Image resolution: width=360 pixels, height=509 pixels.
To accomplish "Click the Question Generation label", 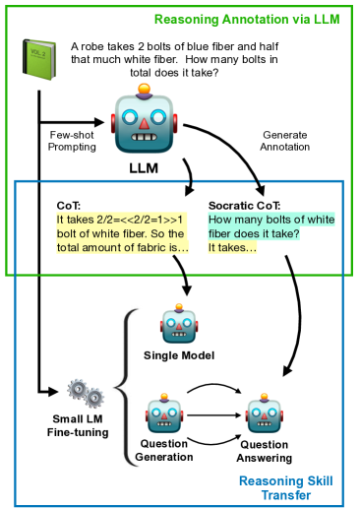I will [165, 450].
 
